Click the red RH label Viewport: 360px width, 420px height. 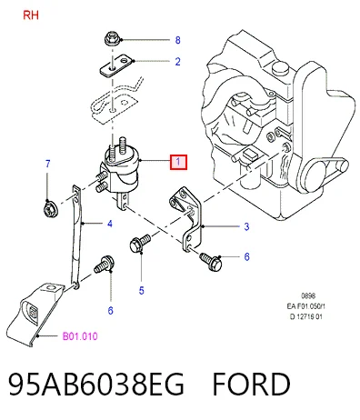31,15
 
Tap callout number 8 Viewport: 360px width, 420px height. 178,40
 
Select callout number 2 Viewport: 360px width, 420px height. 178,62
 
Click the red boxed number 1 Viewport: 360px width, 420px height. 178,162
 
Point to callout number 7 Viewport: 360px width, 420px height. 47,164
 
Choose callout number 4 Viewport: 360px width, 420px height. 110,224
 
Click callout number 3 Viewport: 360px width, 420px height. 246,226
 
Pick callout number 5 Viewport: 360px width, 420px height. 142,291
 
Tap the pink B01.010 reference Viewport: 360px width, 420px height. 80,336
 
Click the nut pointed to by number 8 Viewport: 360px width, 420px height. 113,39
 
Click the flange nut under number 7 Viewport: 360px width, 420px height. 48,208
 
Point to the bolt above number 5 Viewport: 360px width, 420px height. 140,243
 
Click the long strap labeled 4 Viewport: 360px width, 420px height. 76,237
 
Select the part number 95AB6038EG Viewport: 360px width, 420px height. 96,384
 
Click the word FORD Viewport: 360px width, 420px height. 251,384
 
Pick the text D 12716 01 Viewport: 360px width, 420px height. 306,316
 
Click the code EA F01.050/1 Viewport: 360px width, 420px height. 306,306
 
